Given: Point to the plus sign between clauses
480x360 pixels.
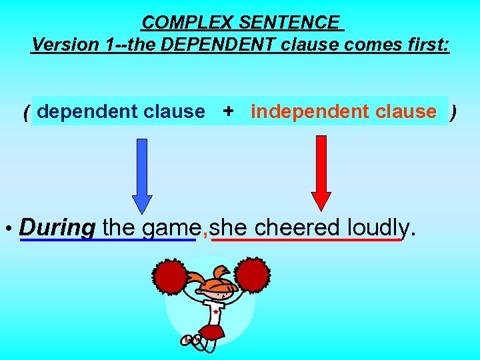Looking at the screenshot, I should coord(228,111).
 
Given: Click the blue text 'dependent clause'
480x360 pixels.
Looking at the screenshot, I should coord(121,111).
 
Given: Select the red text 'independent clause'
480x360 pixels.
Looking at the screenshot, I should coord(343,111).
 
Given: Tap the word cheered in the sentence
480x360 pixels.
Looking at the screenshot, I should coord(297,228).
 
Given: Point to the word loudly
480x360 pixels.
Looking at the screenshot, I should coord(378,228).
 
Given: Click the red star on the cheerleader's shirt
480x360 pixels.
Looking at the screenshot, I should coord(215,311).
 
